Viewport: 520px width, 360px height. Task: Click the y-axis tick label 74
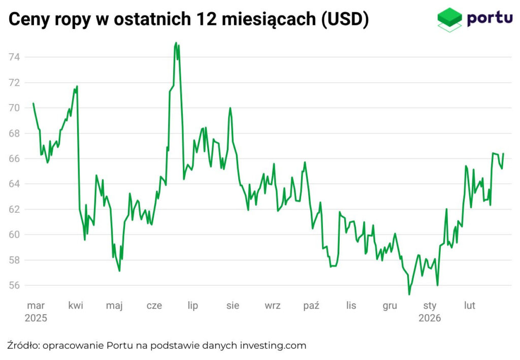(13, 57)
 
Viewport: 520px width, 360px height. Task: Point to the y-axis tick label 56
(13, 285)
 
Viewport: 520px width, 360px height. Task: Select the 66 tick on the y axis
(13, 158)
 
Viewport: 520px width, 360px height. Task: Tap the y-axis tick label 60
(13, 235)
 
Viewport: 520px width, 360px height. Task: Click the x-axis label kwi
(76, 306)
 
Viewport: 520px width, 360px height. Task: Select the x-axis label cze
(154, 306)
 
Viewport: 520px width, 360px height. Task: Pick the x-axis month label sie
(233, 306)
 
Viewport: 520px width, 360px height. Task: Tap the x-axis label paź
(311, 306)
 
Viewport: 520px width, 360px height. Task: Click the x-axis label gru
(390, 306)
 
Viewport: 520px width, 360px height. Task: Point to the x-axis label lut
(470, 306)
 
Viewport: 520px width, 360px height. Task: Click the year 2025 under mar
(36, 319)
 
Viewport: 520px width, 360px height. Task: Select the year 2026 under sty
(430, 319)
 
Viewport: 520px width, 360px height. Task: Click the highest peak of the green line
(176, 43)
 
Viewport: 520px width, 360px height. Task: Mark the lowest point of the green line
(409, 294)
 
